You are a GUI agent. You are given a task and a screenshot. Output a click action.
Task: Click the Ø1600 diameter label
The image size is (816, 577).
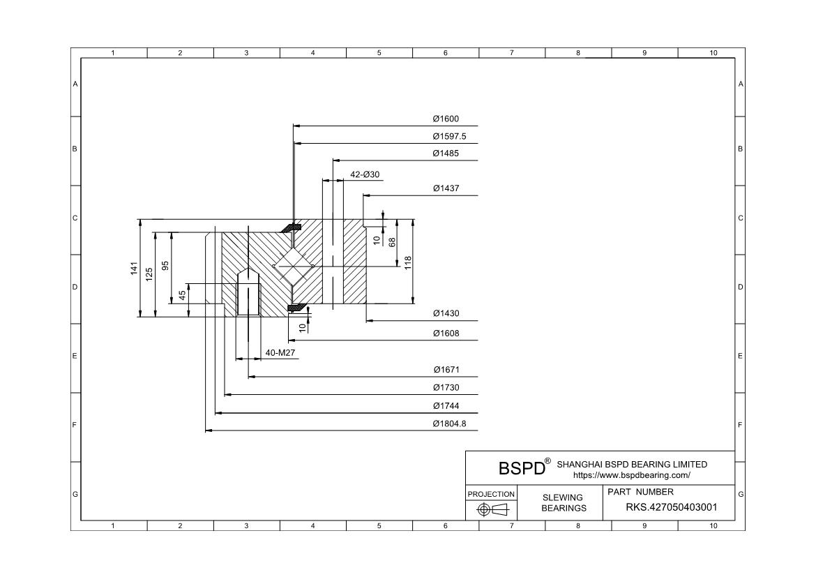(446, 119)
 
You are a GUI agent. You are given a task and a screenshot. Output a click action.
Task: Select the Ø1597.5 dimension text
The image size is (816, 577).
(449, 137)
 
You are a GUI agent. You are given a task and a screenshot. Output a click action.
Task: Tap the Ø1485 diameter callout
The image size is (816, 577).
(446, 153)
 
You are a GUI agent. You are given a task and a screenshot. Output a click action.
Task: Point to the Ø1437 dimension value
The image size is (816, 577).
(446, 188)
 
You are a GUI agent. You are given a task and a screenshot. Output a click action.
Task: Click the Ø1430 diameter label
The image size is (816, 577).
(446, 313)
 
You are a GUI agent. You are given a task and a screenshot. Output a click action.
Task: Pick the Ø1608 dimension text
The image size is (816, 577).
(446, 334)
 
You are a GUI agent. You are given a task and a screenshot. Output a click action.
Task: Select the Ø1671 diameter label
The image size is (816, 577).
(446, 370)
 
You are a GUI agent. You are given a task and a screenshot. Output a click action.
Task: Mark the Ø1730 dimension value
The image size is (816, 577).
(446, 387)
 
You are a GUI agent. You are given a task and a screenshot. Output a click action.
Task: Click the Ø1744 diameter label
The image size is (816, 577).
(446, 405)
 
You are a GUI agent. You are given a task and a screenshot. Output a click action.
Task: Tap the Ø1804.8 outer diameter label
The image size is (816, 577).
(449, 424)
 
